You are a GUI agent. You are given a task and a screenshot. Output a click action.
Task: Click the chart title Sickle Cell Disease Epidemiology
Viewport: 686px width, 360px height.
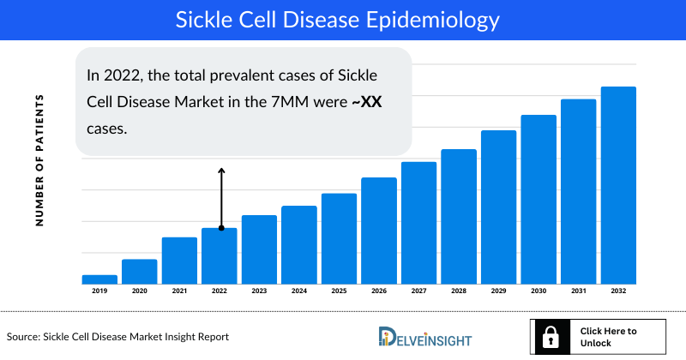(x=343, y=18)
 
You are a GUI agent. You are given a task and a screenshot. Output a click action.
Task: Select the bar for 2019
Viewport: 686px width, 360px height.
(x=99, y=279)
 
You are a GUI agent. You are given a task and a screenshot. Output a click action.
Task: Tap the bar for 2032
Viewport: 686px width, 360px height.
(x=617, y=185)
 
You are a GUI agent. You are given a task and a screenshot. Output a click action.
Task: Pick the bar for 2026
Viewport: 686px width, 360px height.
(x=378, y=231)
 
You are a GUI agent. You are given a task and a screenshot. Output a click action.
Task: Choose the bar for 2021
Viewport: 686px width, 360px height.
(x=179, y=261)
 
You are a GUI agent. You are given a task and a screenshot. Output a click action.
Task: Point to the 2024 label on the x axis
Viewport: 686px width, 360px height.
(x=298, y=291)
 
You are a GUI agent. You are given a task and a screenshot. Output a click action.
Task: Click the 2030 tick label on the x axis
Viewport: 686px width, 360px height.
(x=538, y=291)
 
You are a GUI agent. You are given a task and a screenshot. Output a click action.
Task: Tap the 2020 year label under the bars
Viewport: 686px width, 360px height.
(x=139, y=291)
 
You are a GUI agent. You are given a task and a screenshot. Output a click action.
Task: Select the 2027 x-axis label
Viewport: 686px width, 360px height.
(x=418, y=291)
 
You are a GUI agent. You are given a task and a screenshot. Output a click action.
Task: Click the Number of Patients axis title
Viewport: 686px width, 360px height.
(x=39, y=161)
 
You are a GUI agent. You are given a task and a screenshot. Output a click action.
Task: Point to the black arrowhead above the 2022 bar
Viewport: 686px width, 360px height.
(x=220, y=171)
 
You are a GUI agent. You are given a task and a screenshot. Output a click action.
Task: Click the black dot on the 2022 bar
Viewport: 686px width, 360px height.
(x=220, y=229)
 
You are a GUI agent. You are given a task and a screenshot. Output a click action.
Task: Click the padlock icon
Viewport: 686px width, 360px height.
(x=549, y=336)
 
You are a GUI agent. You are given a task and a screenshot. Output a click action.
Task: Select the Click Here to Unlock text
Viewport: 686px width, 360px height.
(x=608, y=336)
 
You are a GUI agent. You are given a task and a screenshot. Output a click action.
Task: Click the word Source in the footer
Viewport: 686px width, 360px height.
(x=26, y=337)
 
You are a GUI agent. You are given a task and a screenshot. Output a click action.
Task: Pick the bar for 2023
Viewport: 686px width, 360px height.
(x=259, y=249)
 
